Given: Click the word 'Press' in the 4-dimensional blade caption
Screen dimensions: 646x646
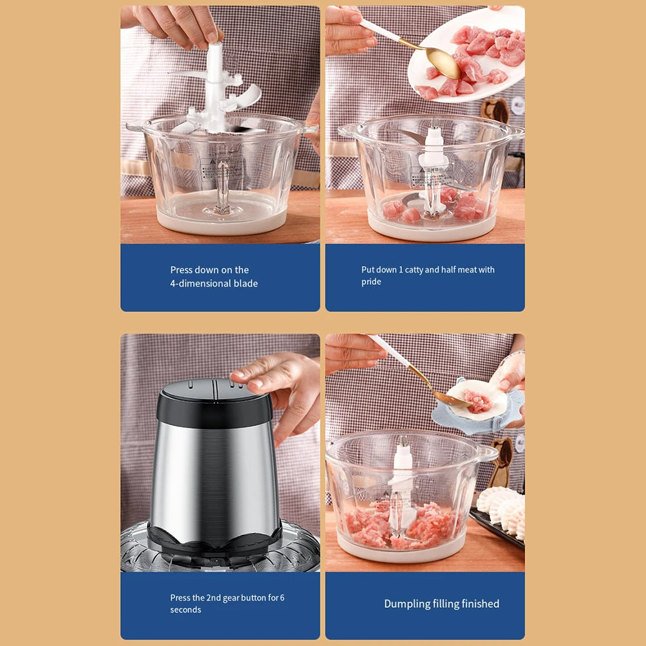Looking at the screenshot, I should pyautogui.click(x=183, y=270).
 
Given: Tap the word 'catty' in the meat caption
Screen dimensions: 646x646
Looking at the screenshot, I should pyautogui.click(x=410, y=270).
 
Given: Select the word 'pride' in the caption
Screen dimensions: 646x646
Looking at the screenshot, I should pyautogui.click(x=371, y=282).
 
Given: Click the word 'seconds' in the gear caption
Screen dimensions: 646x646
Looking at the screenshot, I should pyautogui.click(x=185, y=610).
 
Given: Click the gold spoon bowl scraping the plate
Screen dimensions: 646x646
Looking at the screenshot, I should pyautogui.click(x=443, y=62).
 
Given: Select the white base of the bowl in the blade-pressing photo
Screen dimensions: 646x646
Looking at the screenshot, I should pyautogui.click(x=221, y=223).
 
